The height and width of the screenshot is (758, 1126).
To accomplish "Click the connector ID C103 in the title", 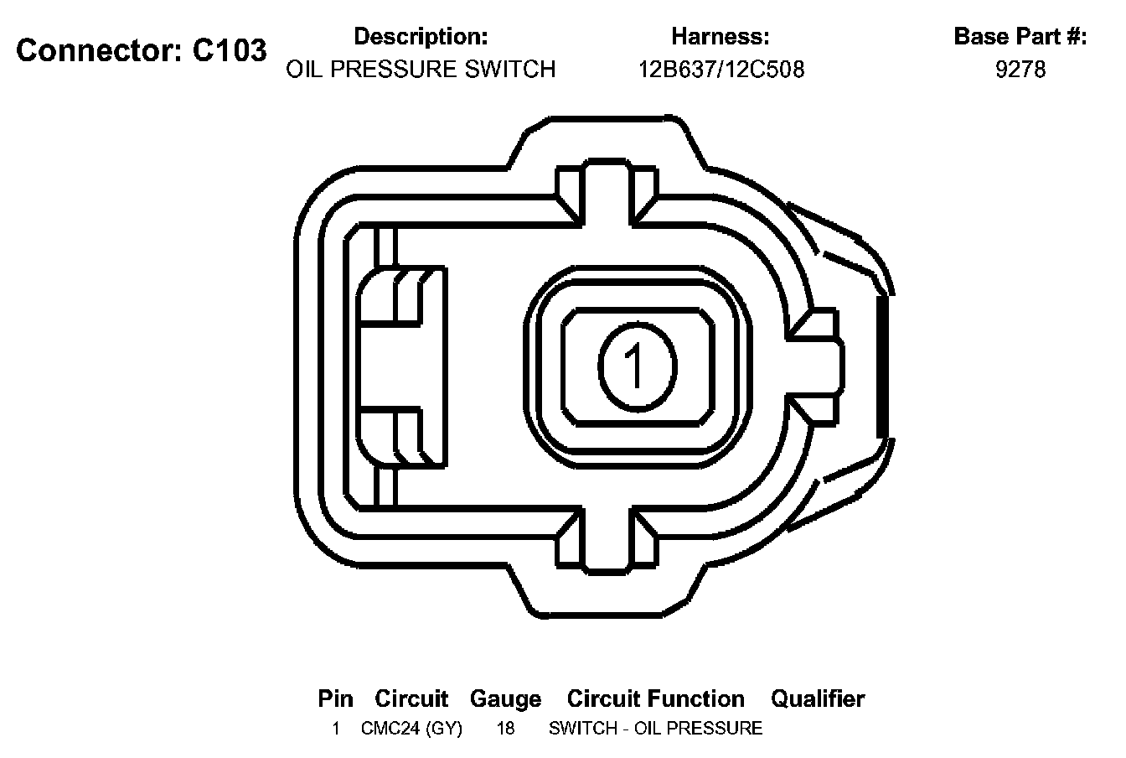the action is click(230, 50).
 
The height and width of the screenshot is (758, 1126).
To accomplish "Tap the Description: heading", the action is click(421, 37).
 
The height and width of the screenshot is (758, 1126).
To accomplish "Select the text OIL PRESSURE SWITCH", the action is click(421, 69).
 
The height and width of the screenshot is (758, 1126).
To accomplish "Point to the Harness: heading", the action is click(721, 37).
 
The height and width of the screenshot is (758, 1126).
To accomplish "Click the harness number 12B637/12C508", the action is click(721, 69).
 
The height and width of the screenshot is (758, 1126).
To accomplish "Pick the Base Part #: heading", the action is click(1020, 37).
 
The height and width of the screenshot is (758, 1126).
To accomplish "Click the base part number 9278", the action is click(1020, 69).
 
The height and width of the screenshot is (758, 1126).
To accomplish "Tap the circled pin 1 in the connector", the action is click(638, 365).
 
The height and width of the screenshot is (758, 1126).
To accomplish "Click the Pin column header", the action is click(335, 698).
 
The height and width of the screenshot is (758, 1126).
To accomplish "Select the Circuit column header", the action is click(411, 698).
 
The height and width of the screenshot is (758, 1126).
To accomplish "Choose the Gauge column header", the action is click(505, 698).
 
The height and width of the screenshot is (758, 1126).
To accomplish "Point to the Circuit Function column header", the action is click(655, 698).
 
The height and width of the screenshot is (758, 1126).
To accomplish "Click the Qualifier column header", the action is click(818, 698).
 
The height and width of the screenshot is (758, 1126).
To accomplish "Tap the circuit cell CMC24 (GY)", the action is click(411, 728).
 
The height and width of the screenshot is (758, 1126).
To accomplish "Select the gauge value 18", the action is click(505, 728).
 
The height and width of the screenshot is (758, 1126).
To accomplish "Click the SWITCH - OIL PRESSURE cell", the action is click(655, 728).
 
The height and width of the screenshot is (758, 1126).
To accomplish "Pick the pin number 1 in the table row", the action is click(335, 728).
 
